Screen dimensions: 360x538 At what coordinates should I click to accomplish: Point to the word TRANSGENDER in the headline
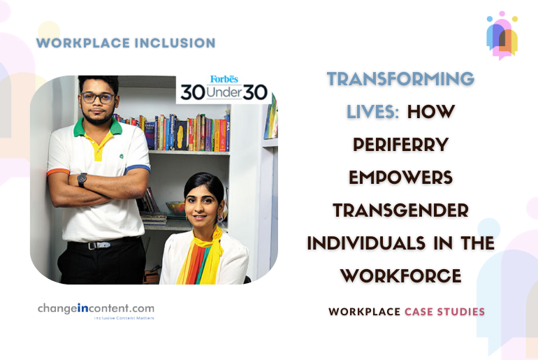point(401,210)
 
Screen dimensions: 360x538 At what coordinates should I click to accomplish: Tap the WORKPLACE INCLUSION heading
point(126,43)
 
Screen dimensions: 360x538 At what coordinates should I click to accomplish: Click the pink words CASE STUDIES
point(444,311)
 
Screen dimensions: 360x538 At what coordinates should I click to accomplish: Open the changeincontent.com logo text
point(96,308)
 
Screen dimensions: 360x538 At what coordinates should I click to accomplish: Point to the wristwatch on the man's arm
point(82,179)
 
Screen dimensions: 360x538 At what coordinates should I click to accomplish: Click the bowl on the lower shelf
point(175,208)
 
